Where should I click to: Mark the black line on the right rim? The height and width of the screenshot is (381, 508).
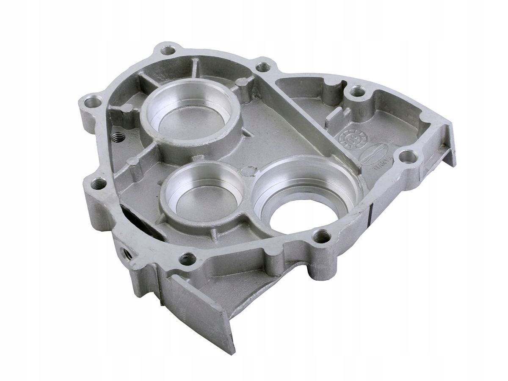[x=371, y=212]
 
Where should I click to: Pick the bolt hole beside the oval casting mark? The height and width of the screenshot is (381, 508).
[x=408, y=157]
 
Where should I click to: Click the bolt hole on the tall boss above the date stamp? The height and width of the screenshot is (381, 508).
[x=358, y=91]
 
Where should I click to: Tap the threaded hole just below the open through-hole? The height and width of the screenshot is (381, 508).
[x=321, y=236]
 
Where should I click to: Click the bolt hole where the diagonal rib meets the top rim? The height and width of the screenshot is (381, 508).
[x=263, y=67]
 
